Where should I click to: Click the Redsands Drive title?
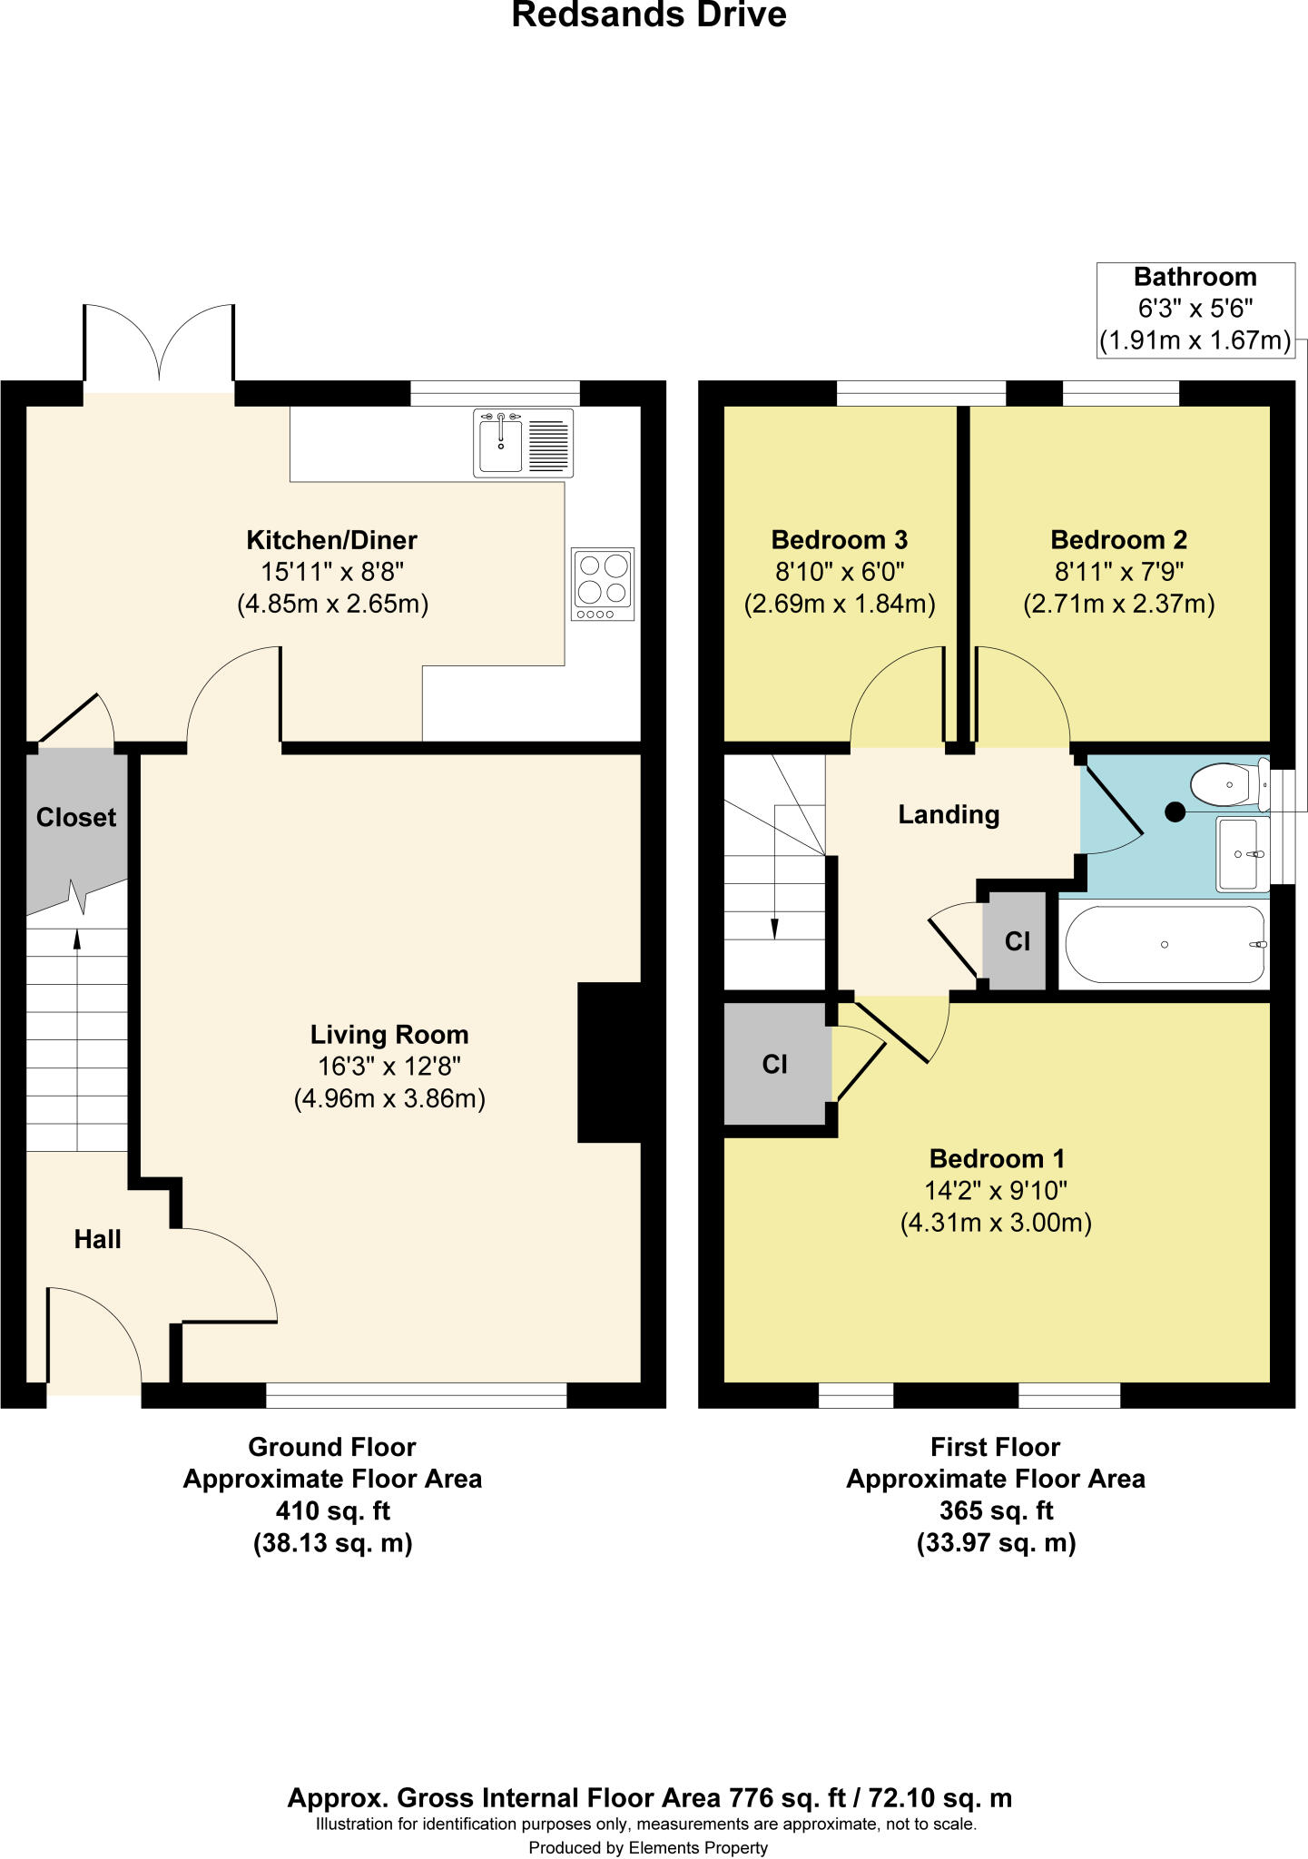point(648,15)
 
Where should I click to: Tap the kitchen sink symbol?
point(523,443)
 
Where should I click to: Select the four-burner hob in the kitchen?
point(603,584)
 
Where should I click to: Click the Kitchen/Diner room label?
point(331,540)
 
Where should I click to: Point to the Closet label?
point(76,818)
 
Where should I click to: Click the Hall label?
point(97,1239)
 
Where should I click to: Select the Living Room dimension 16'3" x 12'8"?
point(389,1067)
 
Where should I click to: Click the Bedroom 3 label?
point(839,540)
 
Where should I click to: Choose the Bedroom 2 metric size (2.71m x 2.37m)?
point(1118,605)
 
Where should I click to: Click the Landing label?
point(949,815)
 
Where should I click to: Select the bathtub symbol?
point(1165,945)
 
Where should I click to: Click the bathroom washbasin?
point(1239,854)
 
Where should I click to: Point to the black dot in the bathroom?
point(1175,812)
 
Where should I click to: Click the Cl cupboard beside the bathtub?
point(1017,942)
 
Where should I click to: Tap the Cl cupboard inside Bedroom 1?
point(774,1064)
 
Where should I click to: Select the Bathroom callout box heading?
point(1195,277)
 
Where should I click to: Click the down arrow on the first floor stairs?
point(774,928)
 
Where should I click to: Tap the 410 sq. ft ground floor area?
point(332,1511)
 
